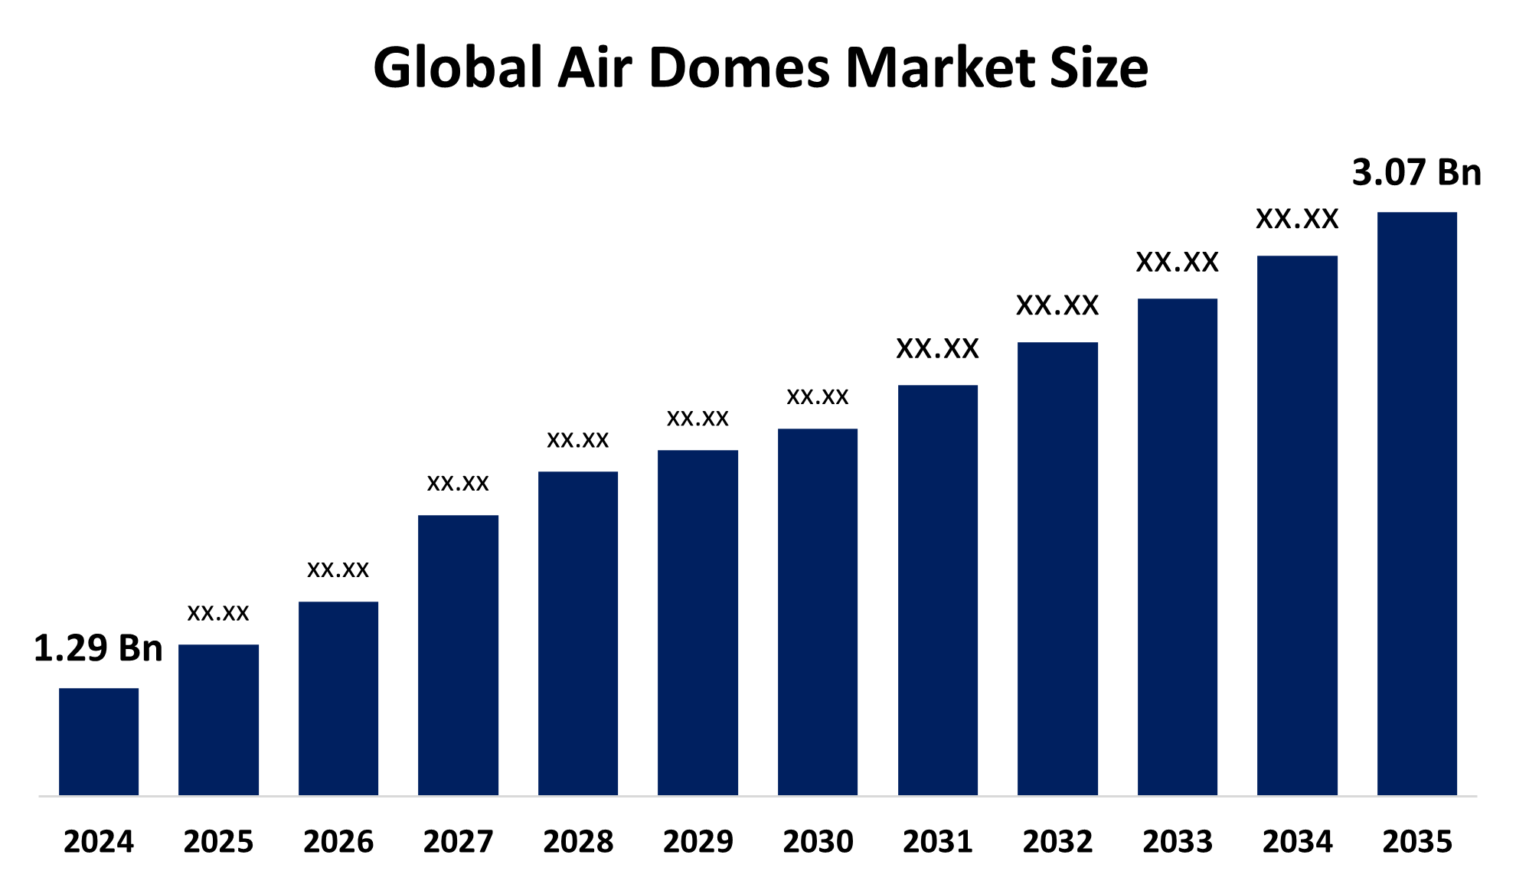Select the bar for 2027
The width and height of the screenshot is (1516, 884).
pyautogui.click(x=458, y=655)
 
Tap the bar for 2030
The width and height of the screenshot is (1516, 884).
pyautogui.click(x=818, y=612)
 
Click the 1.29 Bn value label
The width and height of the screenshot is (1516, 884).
pyautogui.click(x=98, y=648)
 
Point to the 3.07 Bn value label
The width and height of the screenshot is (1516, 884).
pyautogui.click(x=1416, y=172)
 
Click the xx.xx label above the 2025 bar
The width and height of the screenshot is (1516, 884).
pyautogui.click(x=218, y=612)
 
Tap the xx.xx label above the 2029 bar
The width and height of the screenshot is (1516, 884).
pyautogui.click(x=698, y=418)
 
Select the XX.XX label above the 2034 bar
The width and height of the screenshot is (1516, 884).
pyautogui.click(x=1297, y=220)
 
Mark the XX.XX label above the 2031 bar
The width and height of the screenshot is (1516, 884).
pyautogui.click(x=937, y=349)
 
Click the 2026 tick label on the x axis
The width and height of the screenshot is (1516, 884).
pyautogui.click(x=338, y=842)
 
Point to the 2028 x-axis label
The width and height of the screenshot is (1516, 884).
pyautogui.click(x=578, y=842)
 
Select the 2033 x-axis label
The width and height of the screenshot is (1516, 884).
pyautogui.click(x=1178, y=842)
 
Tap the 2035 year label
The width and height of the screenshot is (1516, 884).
pyautogui.click(x=1416, y=842)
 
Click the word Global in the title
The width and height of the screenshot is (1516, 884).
pyautogui.click(x=458, y=67)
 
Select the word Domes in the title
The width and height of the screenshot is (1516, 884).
pyautogui.click(x=739, y=67)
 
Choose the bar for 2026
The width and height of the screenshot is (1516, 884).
pyautogui.click(x=338, y=698)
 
